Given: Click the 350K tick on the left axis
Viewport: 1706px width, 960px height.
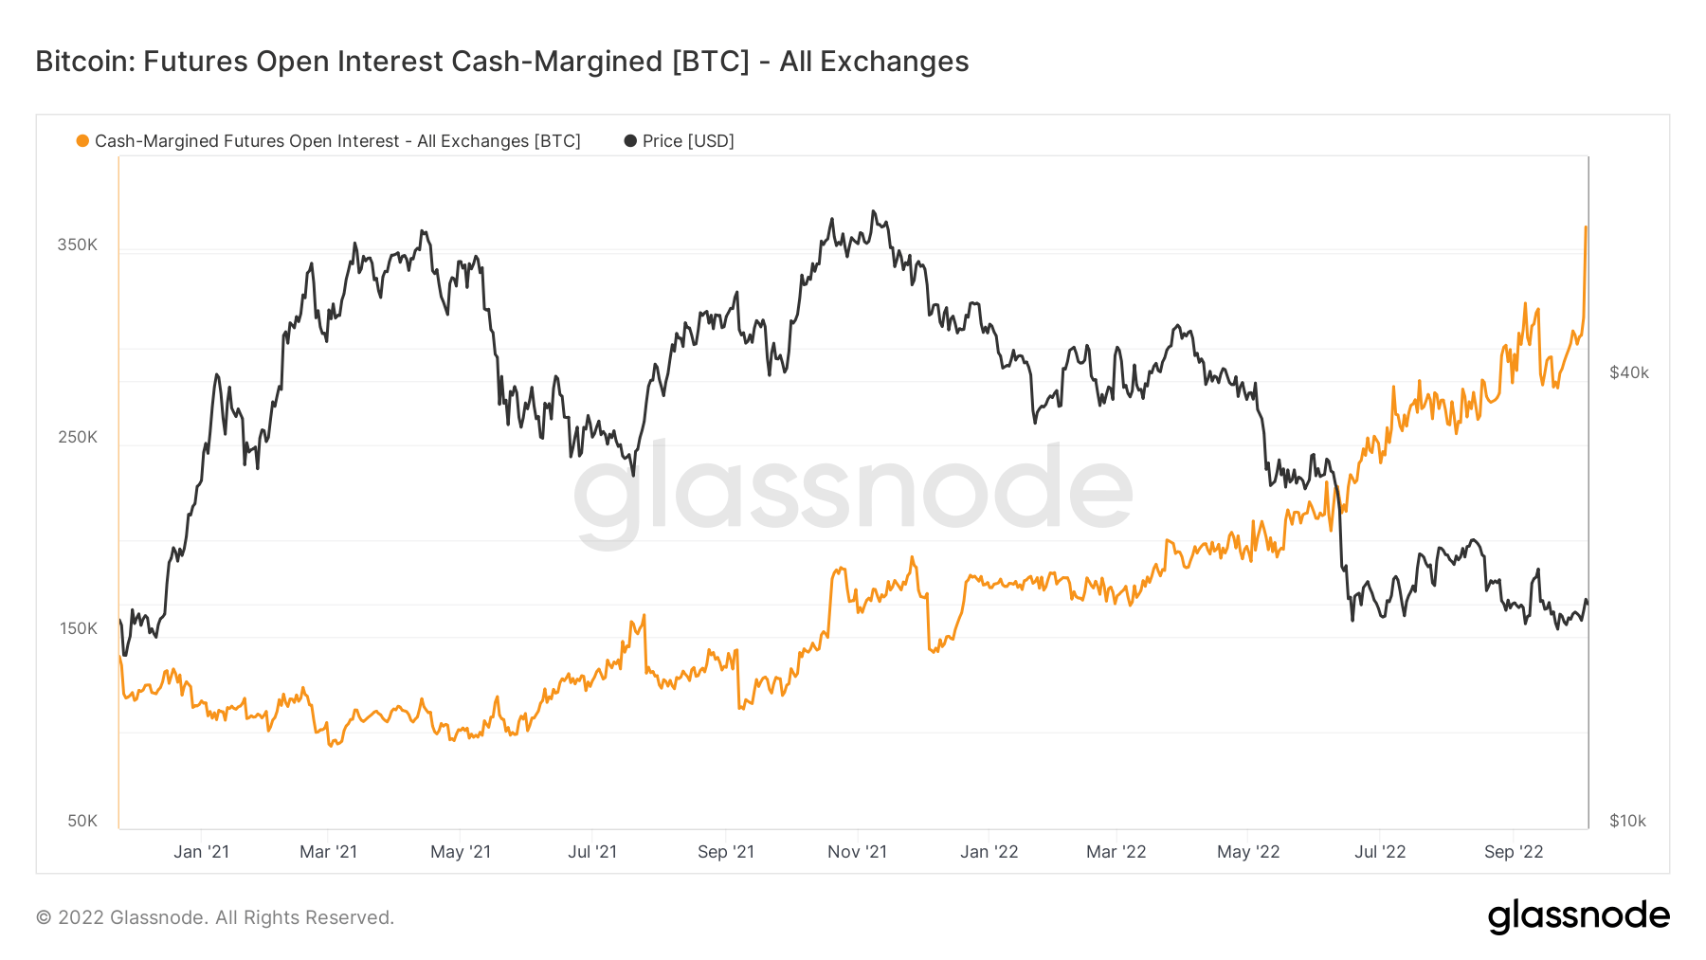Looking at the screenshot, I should point(77,245).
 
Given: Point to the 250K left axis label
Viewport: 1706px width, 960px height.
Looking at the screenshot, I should point(77,437).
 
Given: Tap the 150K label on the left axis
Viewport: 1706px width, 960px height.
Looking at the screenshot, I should point(78,628).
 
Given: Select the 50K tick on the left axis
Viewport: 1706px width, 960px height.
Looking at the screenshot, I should point(82,821).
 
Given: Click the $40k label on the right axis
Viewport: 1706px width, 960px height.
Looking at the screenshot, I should point(1629,372).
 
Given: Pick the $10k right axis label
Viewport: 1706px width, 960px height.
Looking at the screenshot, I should point(1627,821).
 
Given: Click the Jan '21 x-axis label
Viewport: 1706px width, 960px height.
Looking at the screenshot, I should point(201,852).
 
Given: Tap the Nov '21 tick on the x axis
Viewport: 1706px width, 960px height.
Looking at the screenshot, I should point(857,852).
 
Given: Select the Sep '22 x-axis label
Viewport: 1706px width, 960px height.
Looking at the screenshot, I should point(1514,852).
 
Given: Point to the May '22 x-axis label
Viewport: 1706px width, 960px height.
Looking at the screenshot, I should point(1248,852).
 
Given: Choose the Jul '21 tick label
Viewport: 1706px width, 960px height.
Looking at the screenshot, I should point(592,852).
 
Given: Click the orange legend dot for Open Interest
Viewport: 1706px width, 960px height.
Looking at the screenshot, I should point(83,141).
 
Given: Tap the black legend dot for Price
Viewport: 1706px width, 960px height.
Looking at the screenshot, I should point(630,141).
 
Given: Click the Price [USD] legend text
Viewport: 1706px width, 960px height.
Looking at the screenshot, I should point(688,141).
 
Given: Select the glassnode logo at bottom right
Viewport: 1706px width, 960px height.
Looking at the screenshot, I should point(1578,916).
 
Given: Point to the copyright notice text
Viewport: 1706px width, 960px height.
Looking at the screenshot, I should point(215,917).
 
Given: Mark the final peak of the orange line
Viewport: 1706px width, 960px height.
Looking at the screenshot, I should point(1586,227).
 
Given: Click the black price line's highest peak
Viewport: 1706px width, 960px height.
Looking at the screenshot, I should point(874,211).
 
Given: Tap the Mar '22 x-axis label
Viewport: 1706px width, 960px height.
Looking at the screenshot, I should point(1116,852).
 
